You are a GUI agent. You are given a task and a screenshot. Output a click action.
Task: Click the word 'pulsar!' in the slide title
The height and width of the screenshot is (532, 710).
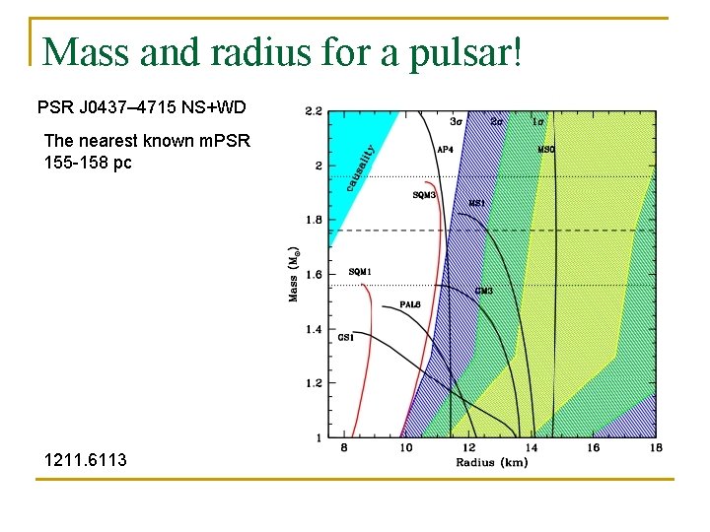(463, 51)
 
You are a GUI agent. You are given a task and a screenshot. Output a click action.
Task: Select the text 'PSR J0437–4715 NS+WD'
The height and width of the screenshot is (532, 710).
(141, 106)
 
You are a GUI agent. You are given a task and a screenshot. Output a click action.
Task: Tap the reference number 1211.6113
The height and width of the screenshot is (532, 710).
(85, 459)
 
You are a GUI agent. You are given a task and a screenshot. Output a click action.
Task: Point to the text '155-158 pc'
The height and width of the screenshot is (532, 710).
(88, 162)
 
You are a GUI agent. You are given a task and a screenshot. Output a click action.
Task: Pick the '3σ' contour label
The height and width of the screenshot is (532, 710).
(457, 122)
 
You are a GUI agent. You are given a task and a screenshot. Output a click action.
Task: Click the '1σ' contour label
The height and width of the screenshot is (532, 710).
(537, 122)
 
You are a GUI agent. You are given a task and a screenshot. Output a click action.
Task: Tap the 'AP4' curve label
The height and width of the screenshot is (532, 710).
(445, 150)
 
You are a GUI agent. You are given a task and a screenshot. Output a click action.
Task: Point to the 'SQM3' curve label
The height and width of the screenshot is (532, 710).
(424, 195)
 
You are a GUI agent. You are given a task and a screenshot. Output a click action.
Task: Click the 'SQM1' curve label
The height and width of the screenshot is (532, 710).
(360, 272)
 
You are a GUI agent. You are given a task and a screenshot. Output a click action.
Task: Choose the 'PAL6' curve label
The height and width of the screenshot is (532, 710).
(410, 304)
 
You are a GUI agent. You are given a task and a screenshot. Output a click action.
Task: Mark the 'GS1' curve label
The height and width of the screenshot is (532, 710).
(346, 338)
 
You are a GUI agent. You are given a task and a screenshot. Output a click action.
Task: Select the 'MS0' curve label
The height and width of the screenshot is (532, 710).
(545, 150)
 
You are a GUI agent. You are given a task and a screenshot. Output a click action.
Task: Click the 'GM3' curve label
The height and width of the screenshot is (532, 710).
(483, 291)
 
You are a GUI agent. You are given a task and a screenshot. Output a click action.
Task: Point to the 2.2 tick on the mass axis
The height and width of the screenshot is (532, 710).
(313, 111)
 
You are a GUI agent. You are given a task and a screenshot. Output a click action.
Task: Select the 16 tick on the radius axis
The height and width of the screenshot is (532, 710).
(593, 448)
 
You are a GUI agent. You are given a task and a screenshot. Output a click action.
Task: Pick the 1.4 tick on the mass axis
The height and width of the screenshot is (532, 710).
(313, 329)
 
